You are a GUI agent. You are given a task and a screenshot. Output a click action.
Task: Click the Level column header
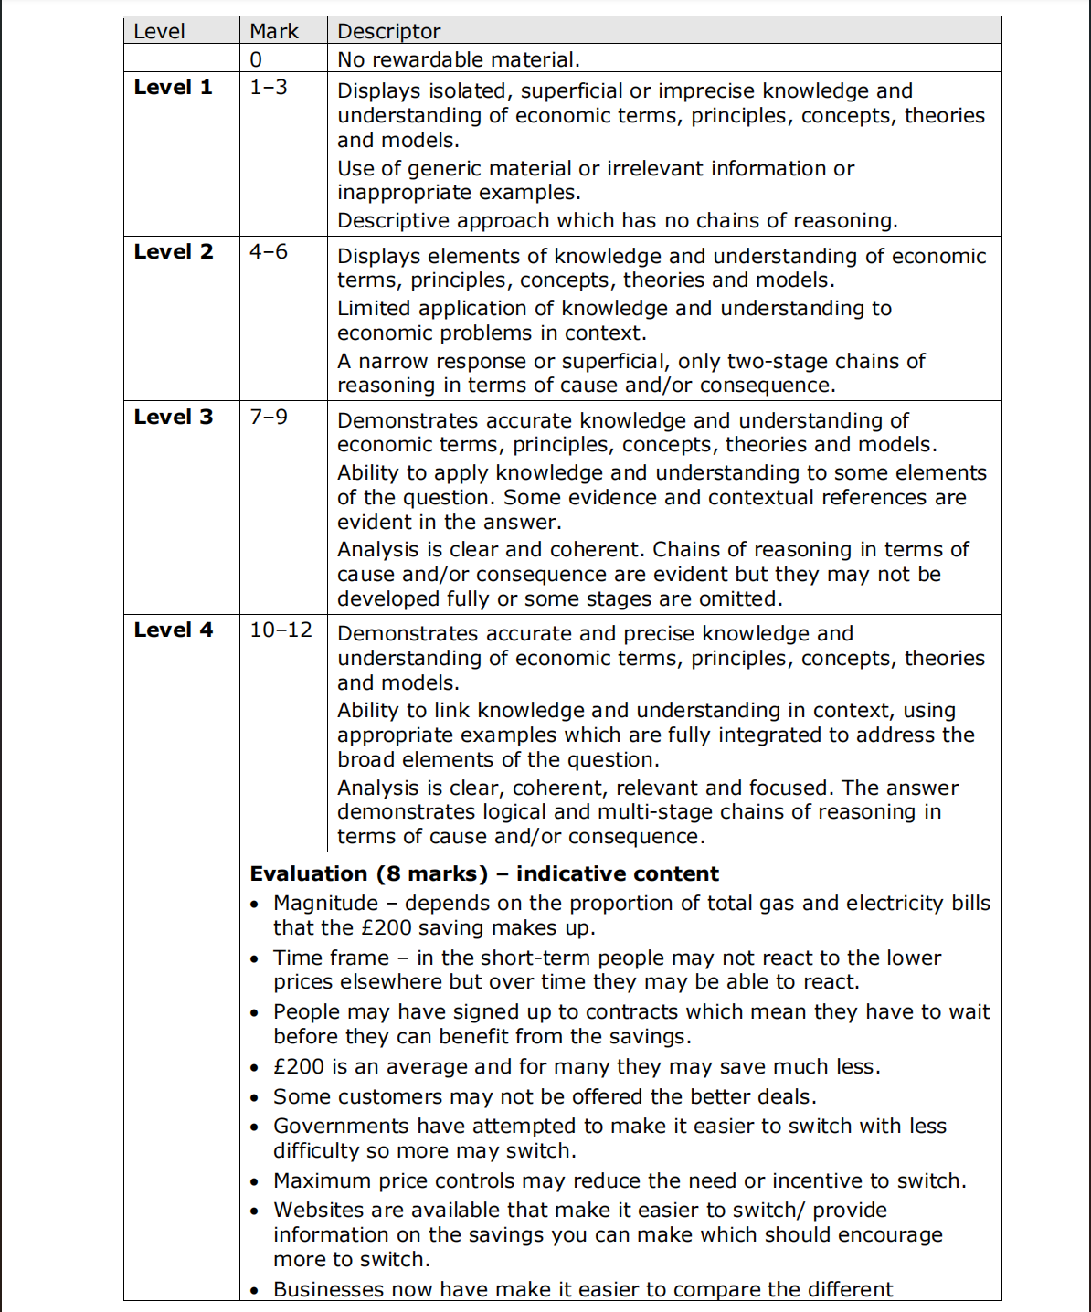click(159, 31)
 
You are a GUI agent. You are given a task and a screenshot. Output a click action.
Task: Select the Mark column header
click(273, 31)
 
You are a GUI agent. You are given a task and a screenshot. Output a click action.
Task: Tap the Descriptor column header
click(388, 31)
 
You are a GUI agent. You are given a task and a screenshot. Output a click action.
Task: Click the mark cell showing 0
click(256, 60)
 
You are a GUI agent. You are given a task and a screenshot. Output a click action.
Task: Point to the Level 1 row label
click(173, 88)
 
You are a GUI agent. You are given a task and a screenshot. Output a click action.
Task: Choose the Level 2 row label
click(173, 252)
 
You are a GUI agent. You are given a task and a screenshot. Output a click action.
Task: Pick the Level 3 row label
click(173, 418)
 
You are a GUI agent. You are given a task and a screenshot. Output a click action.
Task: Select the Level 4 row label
click(173, 630)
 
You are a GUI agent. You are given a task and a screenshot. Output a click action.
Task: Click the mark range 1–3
click(269, 88)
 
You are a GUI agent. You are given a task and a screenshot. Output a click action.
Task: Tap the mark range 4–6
click(269, 252)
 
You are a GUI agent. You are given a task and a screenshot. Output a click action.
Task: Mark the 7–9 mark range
click(269, 418)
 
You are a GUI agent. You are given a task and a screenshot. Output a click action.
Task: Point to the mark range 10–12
click(281, 630)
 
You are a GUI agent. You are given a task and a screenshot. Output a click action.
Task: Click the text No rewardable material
click(458, 60)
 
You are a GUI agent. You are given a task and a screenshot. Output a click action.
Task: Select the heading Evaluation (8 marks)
click(369, 874)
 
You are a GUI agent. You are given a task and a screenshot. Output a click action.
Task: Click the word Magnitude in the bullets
click(325, 904)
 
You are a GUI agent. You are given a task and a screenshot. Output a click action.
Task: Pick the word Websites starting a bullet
click(319, 1211)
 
